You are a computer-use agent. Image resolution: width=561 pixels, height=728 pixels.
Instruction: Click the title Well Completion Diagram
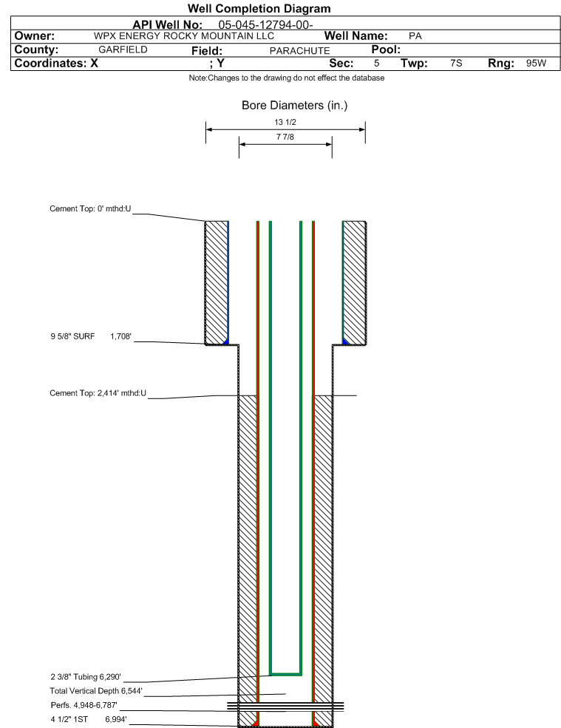[x=259, y=9]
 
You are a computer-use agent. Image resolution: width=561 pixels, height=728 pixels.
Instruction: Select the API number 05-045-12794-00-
[x=265, y=25]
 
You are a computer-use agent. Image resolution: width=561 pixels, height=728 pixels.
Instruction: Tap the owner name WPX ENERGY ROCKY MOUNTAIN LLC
[x=184, y=36]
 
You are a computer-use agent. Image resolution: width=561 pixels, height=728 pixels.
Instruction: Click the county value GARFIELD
[x=123, y=50]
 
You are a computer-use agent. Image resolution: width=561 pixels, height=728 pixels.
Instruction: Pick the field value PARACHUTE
[x=299, y=50]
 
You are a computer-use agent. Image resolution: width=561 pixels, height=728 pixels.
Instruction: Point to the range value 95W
[x=537, y=63]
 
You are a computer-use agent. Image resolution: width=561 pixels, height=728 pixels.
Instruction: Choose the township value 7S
[x=456, y=63]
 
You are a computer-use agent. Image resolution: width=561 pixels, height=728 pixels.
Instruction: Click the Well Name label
[x=356, y=35]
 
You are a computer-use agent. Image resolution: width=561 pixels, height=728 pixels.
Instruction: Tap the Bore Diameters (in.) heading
[x=294, y=106]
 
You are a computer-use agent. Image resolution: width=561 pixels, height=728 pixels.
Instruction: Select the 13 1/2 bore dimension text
[x=285, y=122]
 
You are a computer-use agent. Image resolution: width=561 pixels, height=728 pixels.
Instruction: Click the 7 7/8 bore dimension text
[x=285, y=137]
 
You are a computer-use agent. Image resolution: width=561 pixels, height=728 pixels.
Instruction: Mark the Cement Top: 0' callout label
[x=90, y=209]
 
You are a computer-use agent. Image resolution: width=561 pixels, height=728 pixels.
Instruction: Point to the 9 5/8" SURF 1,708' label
[x=91, y=336]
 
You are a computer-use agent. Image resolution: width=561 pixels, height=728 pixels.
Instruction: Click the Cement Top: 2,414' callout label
[x=98, y=393]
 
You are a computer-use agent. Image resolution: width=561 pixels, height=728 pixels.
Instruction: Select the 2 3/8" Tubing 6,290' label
[x=86, y=677]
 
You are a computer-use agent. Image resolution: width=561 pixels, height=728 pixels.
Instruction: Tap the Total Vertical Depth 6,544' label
[x=96, y=691]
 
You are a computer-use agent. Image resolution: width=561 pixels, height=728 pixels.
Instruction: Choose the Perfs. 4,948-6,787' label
[x=84, y=705]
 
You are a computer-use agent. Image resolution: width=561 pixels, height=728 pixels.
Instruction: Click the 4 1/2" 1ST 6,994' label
[x=89, y=720]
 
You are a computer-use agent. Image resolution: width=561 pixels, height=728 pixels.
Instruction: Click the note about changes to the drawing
[x=287, y=78]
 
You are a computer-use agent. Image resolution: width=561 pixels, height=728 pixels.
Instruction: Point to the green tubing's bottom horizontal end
[x=285, y=674]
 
